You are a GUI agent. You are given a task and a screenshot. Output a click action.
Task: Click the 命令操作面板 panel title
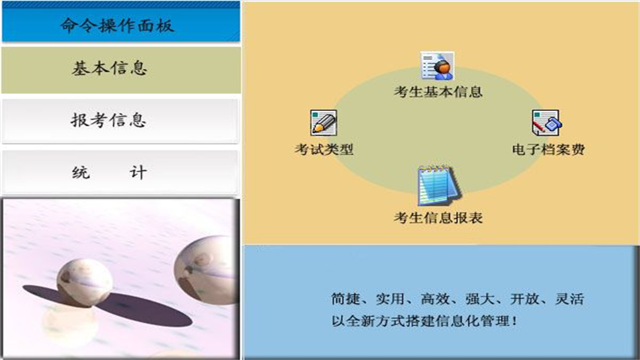point(117,24)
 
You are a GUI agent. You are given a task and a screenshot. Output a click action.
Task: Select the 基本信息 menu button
point(110,68)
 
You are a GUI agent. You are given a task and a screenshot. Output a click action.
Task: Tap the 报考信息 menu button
point(108,120)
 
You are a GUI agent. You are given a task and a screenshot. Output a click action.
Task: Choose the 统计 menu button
point(109,172)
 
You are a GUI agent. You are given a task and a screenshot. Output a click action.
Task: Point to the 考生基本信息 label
point(438,92)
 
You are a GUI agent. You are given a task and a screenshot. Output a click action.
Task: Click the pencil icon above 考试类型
point(323,123)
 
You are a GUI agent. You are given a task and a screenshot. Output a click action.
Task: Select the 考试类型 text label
point(324,149)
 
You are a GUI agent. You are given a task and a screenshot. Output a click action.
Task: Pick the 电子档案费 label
point(548,149)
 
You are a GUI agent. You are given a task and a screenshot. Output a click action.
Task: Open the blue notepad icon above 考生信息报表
point(438,186)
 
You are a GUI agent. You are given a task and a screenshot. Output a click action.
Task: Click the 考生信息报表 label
point(438,218)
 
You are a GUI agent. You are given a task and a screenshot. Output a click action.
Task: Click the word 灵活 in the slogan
point(569,299)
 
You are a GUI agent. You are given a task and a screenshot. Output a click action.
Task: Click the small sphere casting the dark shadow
point(84,281)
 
